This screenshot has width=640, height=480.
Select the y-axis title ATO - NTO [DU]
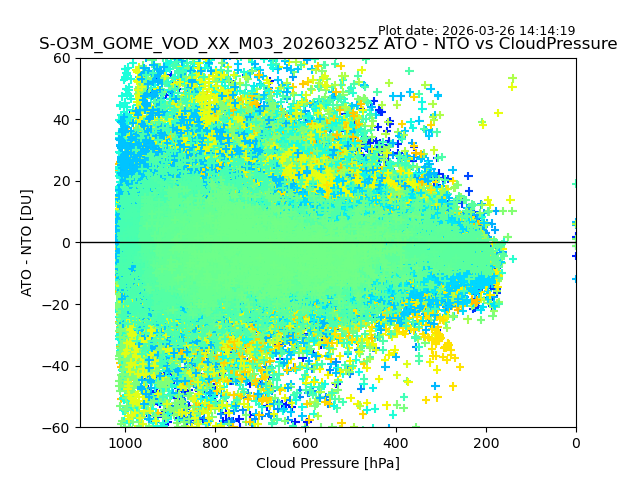27,243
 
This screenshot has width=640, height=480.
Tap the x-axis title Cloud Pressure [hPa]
328,463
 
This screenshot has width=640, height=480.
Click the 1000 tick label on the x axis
124,442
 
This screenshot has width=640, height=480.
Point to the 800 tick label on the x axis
215,442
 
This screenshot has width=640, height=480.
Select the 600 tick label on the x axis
305,442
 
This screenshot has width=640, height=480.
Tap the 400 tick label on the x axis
395,442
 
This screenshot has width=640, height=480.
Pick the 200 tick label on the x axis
486,442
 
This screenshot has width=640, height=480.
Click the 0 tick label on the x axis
576,442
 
